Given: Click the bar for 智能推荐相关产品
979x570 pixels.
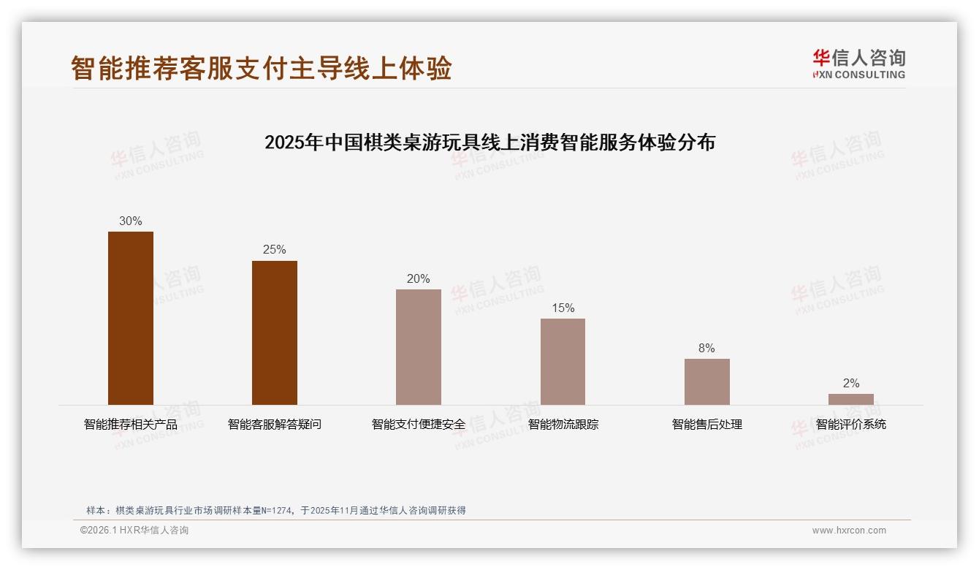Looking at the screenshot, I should [x=131, y=318].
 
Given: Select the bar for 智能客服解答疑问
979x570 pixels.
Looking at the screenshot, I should [x=275, y=332].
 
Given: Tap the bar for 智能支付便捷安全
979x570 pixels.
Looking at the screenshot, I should [x=419, y=347].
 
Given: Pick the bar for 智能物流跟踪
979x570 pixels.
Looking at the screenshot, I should [x=563, y=362].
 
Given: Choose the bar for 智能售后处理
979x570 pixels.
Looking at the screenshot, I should [x=706, y=381].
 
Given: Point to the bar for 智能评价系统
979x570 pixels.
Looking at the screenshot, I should [x=850, y=399].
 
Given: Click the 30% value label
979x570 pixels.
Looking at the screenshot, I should [x=131, y=221].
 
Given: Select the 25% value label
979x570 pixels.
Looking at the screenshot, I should [x=275, y=250].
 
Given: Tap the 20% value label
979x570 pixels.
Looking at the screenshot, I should [x=419, y=278].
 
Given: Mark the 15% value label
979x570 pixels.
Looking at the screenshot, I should [x=563, y=308].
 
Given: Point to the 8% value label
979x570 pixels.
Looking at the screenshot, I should [x=706, y=348].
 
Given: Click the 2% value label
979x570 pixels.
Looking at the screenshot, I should [x=850, y=383].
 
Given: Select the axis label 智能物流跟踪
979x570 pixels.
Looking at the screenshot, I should [x=563, y=424].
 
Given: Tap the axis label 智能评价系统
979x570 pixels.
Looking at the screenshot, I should [x=850, y=424].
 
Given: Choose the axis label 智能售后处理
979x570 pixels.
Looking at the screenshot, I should [x=706, y=424].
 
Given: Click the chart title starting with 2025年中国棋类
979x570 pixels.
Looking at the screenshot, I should [x=489, y=142].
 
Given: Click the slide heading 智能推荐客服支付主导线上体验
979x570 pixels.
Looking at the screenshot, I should [x=262, y=68].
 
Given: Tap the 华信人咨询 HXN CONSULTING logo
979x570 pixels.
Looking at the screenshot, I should [x=858, y=64].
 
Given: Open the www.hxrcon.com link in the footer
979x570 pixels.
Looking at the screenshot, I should [x=849, y=531].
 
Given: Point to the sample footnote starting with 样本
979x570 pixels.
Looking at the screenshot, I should [x=276, y=510].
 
